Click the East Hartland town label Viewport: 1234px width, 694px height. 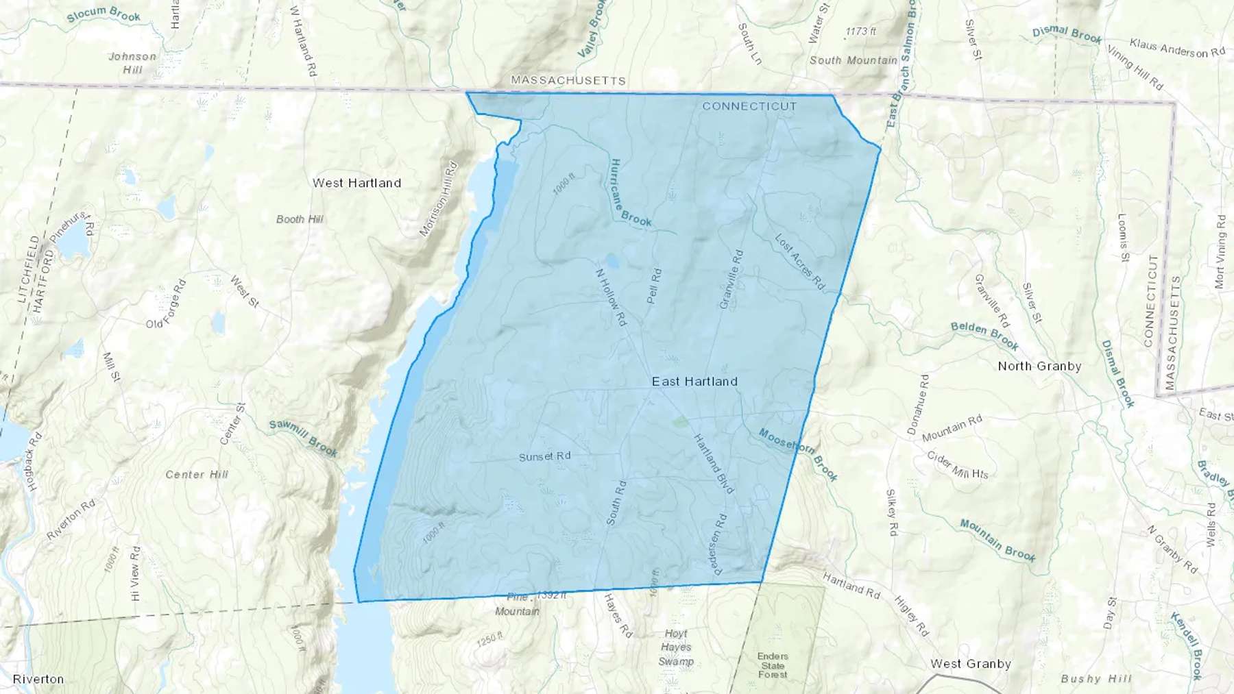tap(694, 382)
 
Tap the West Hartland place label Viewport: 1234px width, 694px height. tap(356, 183)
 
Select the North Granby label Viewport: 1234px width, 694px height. tap(1039, 366)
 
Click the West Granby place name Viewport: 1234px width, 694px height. tap(970, 663)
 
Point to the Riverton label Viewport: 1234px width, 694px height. tap(38, 679)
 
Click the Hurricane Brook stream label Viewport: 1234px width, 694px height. tap(630, 193)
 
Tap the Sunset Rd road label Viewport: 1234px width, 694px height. tap(544, 456)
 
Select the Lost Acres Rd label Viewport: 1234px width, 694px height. tap(799, 261)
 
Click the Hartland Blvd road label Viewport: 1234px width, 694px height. tap(714, 463)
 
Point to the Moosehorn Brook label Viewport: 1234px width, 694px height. tap(798, 454)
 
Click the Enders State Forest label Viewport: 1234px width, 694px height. tap(773, 665)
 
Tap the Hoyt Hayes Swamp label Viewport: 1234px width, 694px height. tap(676, 647)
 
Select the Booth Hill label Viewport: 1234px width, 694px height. tap(300, 219)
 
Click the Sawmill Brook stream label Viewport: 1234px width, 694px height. tap(303, 437)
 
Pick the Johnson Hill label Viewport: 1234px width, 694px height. tap(132, 63)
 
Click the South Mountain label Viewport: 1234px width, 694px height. tap(853, 60)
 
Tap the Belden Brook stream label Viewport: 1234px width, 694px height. tap(984, 335)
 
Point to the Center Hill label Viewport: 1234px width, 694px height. tap(197, 474)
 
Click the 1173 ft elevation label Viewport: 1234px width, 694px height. tap(860, 32)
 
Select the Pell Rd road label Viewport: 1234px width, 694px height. tap(654, 286)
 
